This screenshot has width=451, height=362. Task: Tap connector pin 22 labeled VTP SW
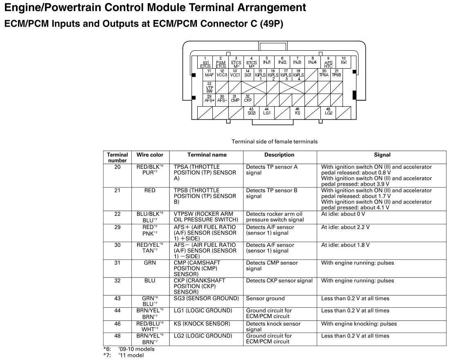coord(209,87)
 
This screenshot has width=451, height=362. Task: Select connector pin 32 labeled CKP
coord(248,99)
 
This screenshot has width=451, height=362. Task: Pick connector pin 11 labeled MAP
coord(209,74)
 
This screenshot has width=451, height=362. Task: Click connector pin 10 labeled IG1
coord(343,62)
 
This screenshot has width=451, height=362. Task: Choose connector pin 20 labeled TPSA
coord(324,74)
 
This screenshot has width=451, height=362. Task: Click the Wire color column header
coord(150,155)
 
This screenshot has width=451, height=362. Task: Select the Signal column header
coord(382,155)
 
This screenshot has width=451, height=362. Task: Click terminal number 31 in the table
coord(117,263)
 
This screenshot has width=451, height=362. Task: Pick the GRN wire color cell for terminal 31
coord(150,263)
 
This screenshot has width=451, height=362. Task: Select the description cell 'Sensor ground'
coord(265,299)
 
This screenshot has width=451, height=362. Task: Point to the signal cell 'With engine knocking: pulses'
coord(359,324)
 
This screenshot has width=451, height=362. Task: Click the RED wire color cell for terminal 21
coord(150,190)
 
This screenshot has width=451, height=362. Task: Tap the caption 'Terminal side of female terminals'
coord(274,142)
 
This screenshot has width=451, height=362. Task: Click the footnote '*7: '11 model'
coord(124,355)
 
